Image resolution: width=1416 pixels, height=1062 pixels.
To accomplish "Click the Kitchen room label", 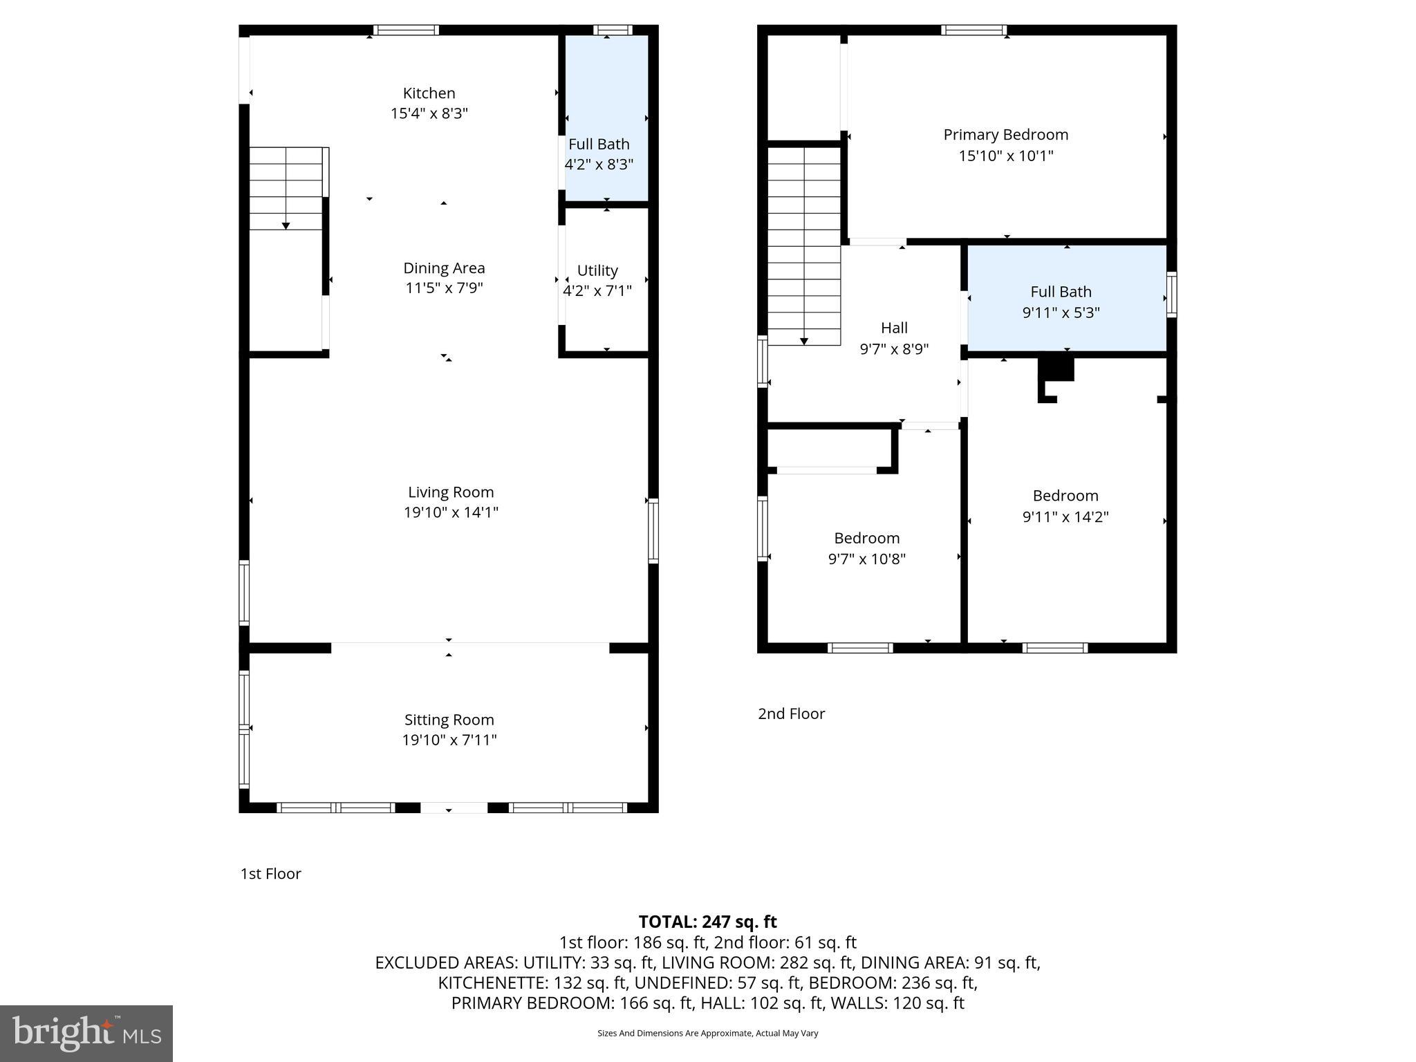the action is pyautogui.click(x=429, y=93).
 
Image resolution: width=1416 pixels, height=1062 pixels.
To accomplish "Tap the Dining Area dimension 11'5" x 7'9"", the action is pyautogui.click(x=444, y=288).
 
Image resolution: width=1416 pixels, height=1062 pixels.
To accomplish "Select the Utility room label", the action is pyautogui.click(x=597, y=270).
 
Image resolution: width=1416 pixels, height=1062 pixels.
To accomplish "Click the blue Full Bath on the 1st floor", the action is pyautogui.click(x=606, y=118).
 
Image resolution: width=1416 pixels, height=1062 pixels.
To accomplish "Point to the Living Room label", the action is pyautogui.click(x=451, y=492).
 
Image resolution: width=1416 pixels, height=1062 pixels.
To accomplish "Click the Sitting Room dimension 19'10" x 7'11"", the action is pyautogui.click(x=449, y=740).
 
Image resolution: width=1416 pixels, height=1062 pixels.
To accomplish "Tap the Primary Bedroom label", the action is pyautogui.click(x=1006, y=135).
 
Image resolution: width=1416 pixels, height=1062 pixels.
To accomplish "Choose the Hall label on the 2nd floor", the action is pyautogui.click(x=894, y=328).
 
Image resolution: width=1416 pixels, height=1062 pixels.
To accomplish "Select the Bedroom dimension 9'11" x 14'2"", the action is pyautogui.click(x=1065, y=516).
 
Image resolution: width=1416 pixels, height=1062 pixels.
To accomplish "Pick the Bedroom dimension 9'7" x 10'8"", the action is pyautogui.click(x=867, y=559).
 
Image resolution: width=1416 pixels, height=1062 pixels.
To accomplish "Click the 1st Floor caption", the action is pyautogui.click(x=270, y=874).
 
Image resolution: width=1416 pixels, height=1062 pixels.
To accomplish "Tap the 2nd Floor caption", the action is pyautogui.click(x=792, y=714).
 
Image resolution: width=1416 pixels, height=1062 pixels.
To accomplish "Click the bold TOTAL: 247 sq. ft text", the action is pyautogui.click(x=707, y=922).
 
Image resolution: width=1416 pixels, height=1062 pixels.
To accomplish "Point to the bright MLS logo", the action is pyautogui.click(x=86, y=1034).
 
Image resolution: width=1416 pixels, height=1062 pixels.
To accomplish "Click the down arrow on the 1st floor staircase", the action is pyautogui.click(x=286, y=226).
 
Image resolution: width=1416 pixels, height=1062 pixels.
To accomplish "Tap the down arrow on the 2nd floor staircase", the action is pyautogui.click(x=804, y=342).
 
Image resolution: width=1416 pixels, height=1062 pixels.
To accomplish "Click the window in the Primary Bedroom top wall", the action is pyautogui.click(x=973, y=30).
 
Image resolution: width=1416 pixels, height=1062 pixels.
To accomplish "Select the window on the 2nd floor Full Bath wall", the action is pyautogui.click(x=1172, y=295).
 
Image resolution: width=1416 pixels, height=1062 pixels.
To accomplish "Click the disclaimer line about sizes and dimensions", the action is pyautogui.click(x=707, y=1033).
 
